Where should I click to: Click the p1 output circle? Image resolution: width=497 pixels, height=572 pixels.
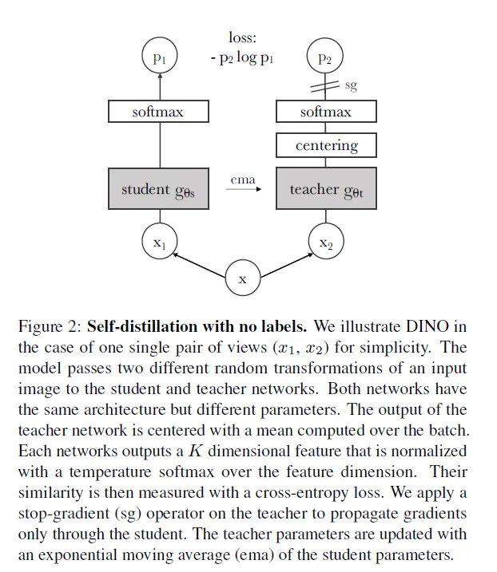pos(159,57)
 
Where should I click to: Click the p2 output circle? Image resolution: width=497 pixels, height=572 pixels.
pos(324,57)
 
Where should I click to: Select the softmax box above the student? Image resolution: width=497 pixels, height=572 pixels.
pos(158,112)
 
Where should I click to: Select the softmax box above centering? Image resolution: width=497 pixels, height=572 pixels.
pos(326,112)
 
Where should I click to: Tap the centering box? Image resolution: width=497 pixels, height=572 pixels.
pos(326,145)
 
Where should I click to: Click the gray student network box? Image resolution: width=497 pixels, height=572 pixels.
pos(158,189)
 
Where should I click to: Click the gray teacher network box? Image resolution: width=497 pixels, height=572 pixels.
pos(326,189)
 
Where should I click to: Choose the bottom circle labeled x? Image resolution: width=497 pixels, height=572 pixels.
pos(243,279)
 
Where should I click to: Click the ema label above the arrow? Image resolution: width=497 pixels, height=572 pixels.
pos(243,179)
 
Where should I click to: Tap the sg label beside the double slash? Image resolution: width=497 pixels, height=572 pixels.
pos(351,84)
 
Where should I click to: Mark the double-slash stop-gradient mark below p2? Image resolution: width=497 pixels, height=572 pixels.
pos(325,85)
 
